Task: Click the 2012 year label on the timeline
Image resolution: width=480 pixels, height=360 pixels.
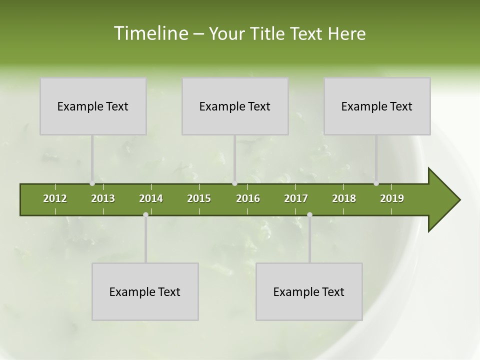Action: point(55,198)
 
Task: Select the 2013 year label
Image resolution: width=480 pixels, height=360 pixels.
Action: point(103,198)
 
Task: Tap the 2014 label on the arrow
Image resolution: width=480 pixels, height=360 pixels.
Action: point(151,198)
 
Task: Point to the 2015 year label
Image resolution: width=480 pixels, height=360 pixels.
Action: point(199,198)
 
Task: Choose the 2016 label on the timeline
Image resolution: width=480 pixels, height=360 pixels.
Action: point(248,198)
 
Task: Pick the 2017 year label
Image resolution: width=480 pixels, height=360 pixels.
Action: point(296,198)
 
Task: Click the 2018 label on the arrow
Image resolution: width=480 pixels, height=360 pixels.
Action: point(344,198)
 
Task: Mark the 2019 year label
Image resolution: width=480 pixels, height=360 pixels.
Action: point(392,198)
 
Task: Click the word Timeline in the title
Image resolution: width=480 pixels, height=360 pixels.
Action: point(150,33)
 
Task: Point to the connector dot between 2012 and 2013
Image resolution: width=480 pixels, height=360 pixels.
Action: point(92,183)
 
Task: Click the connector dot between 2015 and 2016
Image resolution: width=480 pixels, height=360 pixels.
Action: point(235,183)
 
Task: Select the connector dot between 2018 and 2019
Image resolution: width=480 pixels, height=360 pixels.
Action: point(376,183)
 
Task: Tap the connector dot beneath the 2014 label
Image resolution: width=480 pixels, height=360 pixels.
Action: point(145,215)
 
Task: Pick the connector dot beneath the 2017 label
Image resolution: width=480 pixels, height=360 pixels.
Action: point(309,215)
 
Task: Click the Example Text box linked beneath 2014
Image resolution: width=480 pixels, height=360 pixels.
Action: point(145,291)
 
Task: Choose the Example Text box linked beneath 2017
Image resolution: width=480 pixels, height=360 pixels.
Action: point(309,291)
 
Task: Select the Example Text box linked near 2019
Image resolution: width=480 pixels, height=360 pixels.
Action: point(377,106)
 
